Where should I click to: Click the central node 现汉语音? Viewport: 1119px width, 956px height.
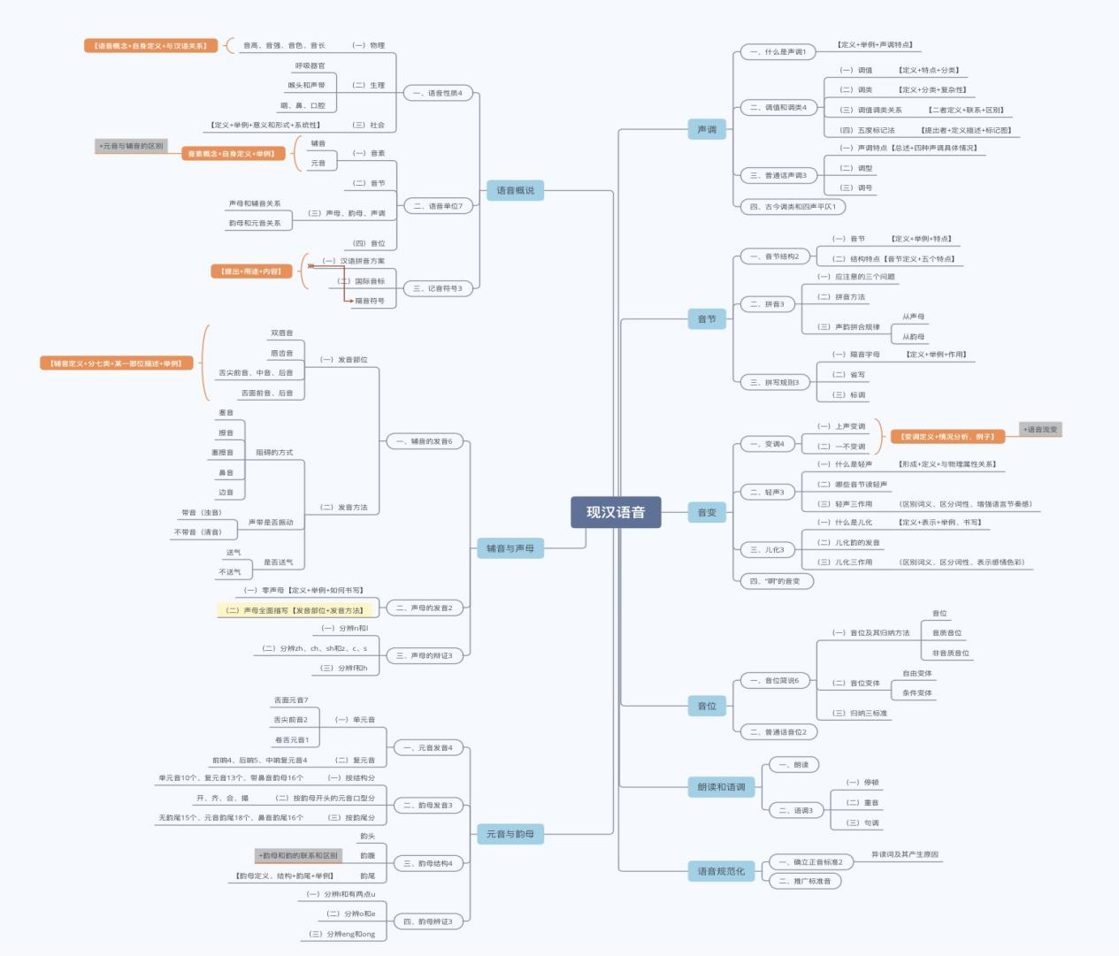616,512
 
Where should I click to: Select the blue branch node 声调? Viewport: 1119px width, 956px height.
707,130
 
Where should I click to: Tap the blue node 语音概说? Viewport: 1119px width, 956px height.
515,190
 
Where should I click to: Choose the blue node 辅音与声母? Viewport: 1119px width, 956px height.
510,548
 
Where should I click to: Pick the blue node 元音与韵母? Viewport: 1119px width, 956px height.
510,834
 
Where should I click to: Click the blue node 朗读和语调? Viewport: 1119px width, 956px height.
721,786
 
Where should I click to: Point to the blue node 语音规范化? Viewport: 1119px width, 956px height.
721,871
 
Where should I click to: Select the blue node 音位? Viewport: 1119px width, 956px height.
707,706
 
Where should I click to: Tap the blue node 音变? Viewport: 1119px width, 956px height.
707,512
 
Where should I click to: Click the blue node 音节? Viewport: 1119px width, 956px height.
707,319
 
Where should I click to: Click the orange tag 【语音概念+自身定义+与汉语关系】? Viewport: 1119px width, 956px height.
150,45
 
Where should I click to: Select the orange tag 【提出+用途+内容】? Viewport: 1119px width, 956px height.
251,272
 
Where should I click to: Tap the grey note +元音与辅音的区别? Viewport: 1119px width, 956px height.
131,146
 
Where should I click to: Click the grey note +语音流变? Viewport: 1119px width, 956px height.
1040,430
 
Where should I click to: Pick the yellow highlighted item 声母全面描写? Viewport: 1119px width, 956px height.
296,610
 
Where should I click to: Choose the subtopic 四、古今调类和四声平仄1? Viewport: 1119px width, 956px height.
793,207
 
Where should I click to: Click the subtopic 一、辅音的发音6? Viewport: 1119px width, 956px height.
424,441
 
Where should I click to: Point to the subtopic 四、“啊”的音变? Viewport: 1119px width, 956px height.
775,581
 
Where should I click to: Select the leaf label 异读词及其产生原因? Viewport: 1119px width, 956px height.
904,854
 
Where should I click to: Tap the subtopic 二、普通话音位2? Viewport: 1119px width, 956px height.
778,732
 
